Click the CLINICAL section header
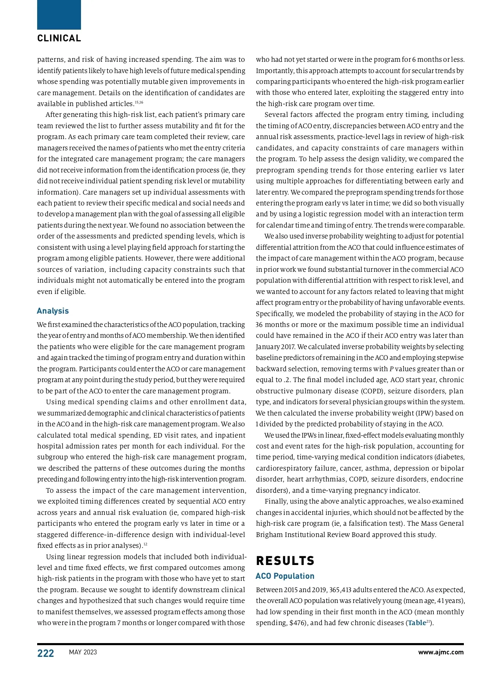pos(59,38)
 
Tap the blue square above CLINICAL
pos(59,15)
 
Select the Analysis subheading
pos(53,311)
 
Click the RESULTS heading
pos(285,560)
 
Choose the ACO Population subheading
pos(285,576)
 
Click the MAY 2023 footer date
pos(83,652)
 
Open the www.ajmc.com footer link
pos(440,652)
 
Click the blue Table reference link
pos(417,623)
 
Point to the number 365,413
pos(344,590)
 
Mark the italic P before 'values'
pos(391,369)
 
